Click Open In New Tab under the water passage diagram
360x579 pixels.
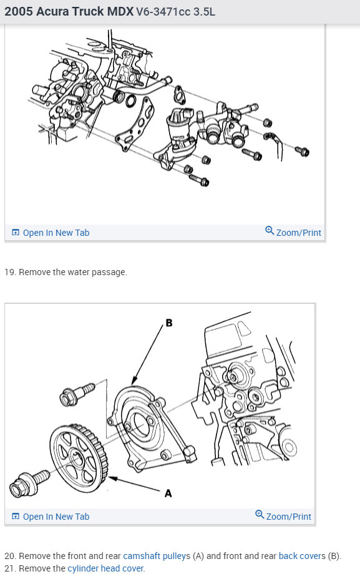coord(56,233)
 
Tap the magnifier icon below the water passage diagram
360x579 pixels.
coord(270,231)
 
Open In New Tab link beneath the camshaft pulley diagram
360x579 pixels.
coord(56,517)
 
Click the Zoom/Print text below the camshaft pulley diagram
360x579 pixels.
coord(288,517)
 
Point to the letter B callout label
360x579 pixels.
coord(168,323)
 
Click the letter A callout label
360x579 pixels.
coord(168,494)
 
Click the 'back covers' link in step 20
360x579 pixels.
coord(302,555)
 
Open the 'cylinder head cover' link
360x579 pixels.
coord(105,568)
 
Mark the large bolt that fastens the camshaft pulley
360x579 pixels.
coord(27,482)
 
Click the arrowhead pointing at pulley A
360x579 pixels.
coord(111,479)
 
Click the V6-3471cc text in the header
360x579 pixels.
coord(165,11)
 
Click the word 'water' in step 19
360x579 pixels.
coord(79,272)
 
